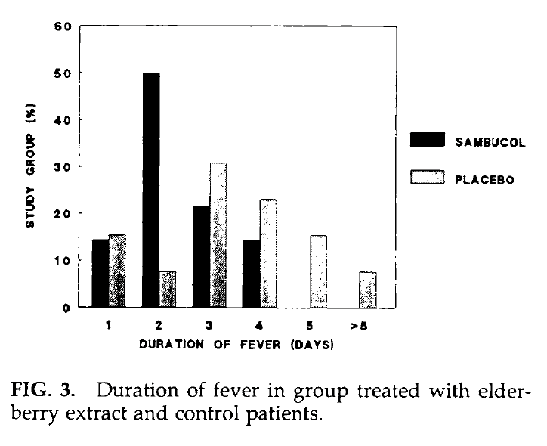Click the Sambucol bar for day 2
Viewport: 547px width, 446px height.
pyautogui.click(x=150, y=189)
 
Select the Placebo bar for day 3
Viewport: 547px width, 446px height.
pyautogui.click(x=218, y=234)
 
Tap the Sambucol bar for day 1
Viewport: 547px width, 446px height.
pyautogui.click(x=100, y=273)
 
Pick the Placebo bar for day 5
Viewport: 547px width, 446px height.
pyautogui.click(x=318, y=271)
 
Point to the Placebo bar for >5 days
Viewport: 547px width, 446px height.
pyautogui.click(x=368, y=290)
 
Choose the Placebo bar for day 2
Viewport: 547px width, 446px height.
pyautogui.click(x=168, y=289)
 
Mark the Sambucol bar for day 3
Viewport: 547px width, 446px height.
pyautogui.click(x=201, y=256)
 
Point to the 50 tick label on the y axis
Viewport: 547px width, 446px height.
pyautogui.click(x=67, y=73)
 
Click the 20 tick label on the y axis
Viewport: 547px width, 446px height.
pyautogui.click(x=67, y=213)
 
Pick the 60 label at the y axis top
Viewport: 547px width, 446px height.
pyautogui.click(x=67, y=26)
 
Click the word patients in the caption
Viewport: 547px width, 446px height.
pyautogui.click(x=283, y=414)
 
